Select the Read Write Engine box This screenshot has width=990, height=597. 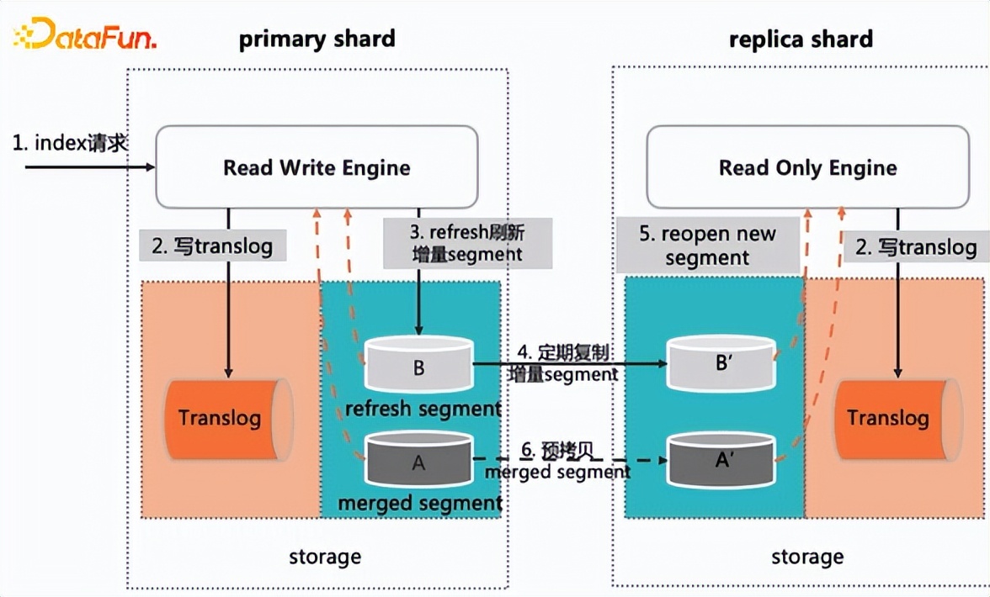click(x=317, y=167)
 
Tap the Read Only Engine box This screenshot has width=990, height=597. click(x=807, y=167)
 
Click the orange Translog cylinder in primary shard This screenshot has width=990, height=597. click(x=225, y=418)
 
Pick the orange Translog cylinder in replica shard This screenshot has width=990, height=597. click(x=892, y=418)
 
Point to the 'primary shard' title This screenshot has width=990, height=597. click(x=317, y=40)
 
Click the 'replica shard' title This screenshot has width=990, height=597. click(x=801, y=40)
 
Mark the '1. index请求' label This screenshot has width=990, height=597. click(x=70, y=143)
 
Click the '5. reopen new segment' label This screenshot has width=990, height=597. click(x=707, y=246)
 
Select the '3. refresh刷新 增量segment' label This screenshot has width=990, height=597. click(x=468, y=242)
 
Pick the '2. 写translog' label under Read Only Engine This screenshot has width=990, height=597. click(x=915, y=247)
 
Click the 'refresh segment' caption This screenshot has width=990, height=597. click(x=423, y=409)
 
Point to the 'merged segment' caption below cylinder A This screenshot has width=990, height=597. click(x=420, y=503)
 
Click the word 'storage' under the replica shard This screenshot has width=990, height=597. click(x=807, y=557)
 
